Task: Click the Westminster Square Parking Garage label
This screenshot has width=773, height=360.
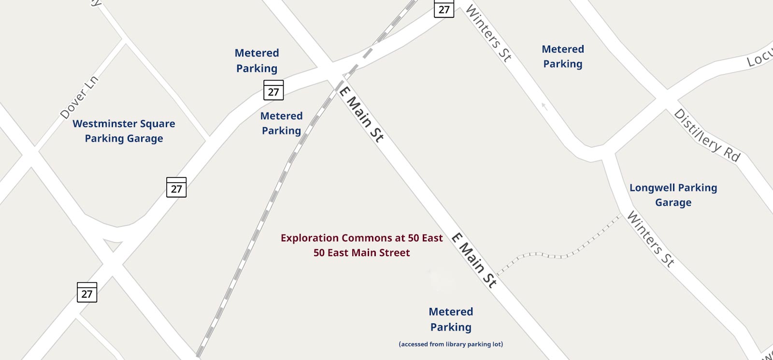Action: click(124, 131)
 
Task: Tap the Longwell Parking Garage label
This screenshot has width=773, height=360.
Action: click(673, 195)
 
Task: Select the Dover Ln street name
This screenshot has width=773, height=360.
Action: click(79, 97)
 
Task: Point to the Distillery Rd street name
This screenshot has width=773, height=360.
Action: click(707, 136)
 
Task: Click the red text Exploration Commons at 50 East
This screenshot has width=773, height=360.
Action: click(361, 238)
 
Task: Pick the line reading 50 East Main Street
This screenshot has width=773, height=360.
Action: click(361, 253)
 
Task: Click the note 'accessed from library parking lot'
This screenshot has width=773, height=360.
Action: click(451, 344)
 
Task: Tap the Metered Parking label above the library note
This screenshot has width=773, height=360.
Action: click(451, 319)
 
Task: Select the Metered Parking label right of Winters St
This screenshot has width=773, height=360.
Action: click(563, 57)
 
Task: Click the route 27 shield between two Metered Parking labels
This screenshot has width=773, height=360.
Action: click(273, 90)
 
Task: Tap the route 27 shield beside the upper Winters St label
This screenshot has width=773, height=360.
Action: click(444, 8)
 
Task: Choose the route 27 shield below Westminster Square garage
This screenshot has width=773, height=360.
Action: click(176, 187)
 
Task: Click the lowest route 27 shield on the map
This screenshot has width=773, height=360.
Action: click(87, 292)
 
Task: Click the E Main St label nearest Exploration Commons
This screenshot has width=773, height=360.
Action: click(474, 260)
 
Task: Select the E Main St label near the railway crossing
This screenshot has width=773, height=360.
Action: click(361, 114)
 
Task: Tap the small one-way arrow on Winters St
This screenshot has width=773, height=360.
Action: click(544, 106)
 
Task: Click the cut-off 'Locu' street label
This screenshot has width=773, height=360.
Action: click(759, 58)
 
